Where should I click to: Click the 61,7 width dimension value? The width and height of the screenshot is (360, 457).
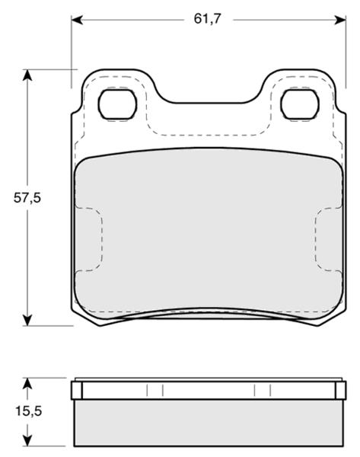208,19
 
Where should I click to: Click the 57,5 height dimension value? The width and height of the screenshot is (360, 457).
27,198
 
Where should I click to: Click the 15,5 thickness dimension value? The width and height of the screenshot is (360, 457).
29,411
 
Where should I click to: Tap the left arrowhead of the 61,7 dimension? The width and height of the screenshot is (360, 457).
77,20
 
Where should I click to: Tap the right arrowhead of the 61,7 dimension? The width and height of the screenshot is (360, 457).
340,20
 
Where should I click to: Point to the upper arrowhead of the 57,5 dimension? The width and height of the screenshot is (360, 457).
27,75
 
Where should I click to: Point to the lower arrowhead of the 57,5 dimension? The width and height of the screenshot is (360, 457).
27,320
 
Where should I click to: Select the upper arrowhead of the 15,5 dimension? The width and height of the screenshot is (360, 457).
27,384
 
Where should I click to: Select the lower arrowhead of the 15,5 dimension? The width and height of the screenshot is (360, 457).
27,440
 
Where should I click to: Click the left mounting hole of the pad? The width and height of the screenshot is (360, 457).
117,104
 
